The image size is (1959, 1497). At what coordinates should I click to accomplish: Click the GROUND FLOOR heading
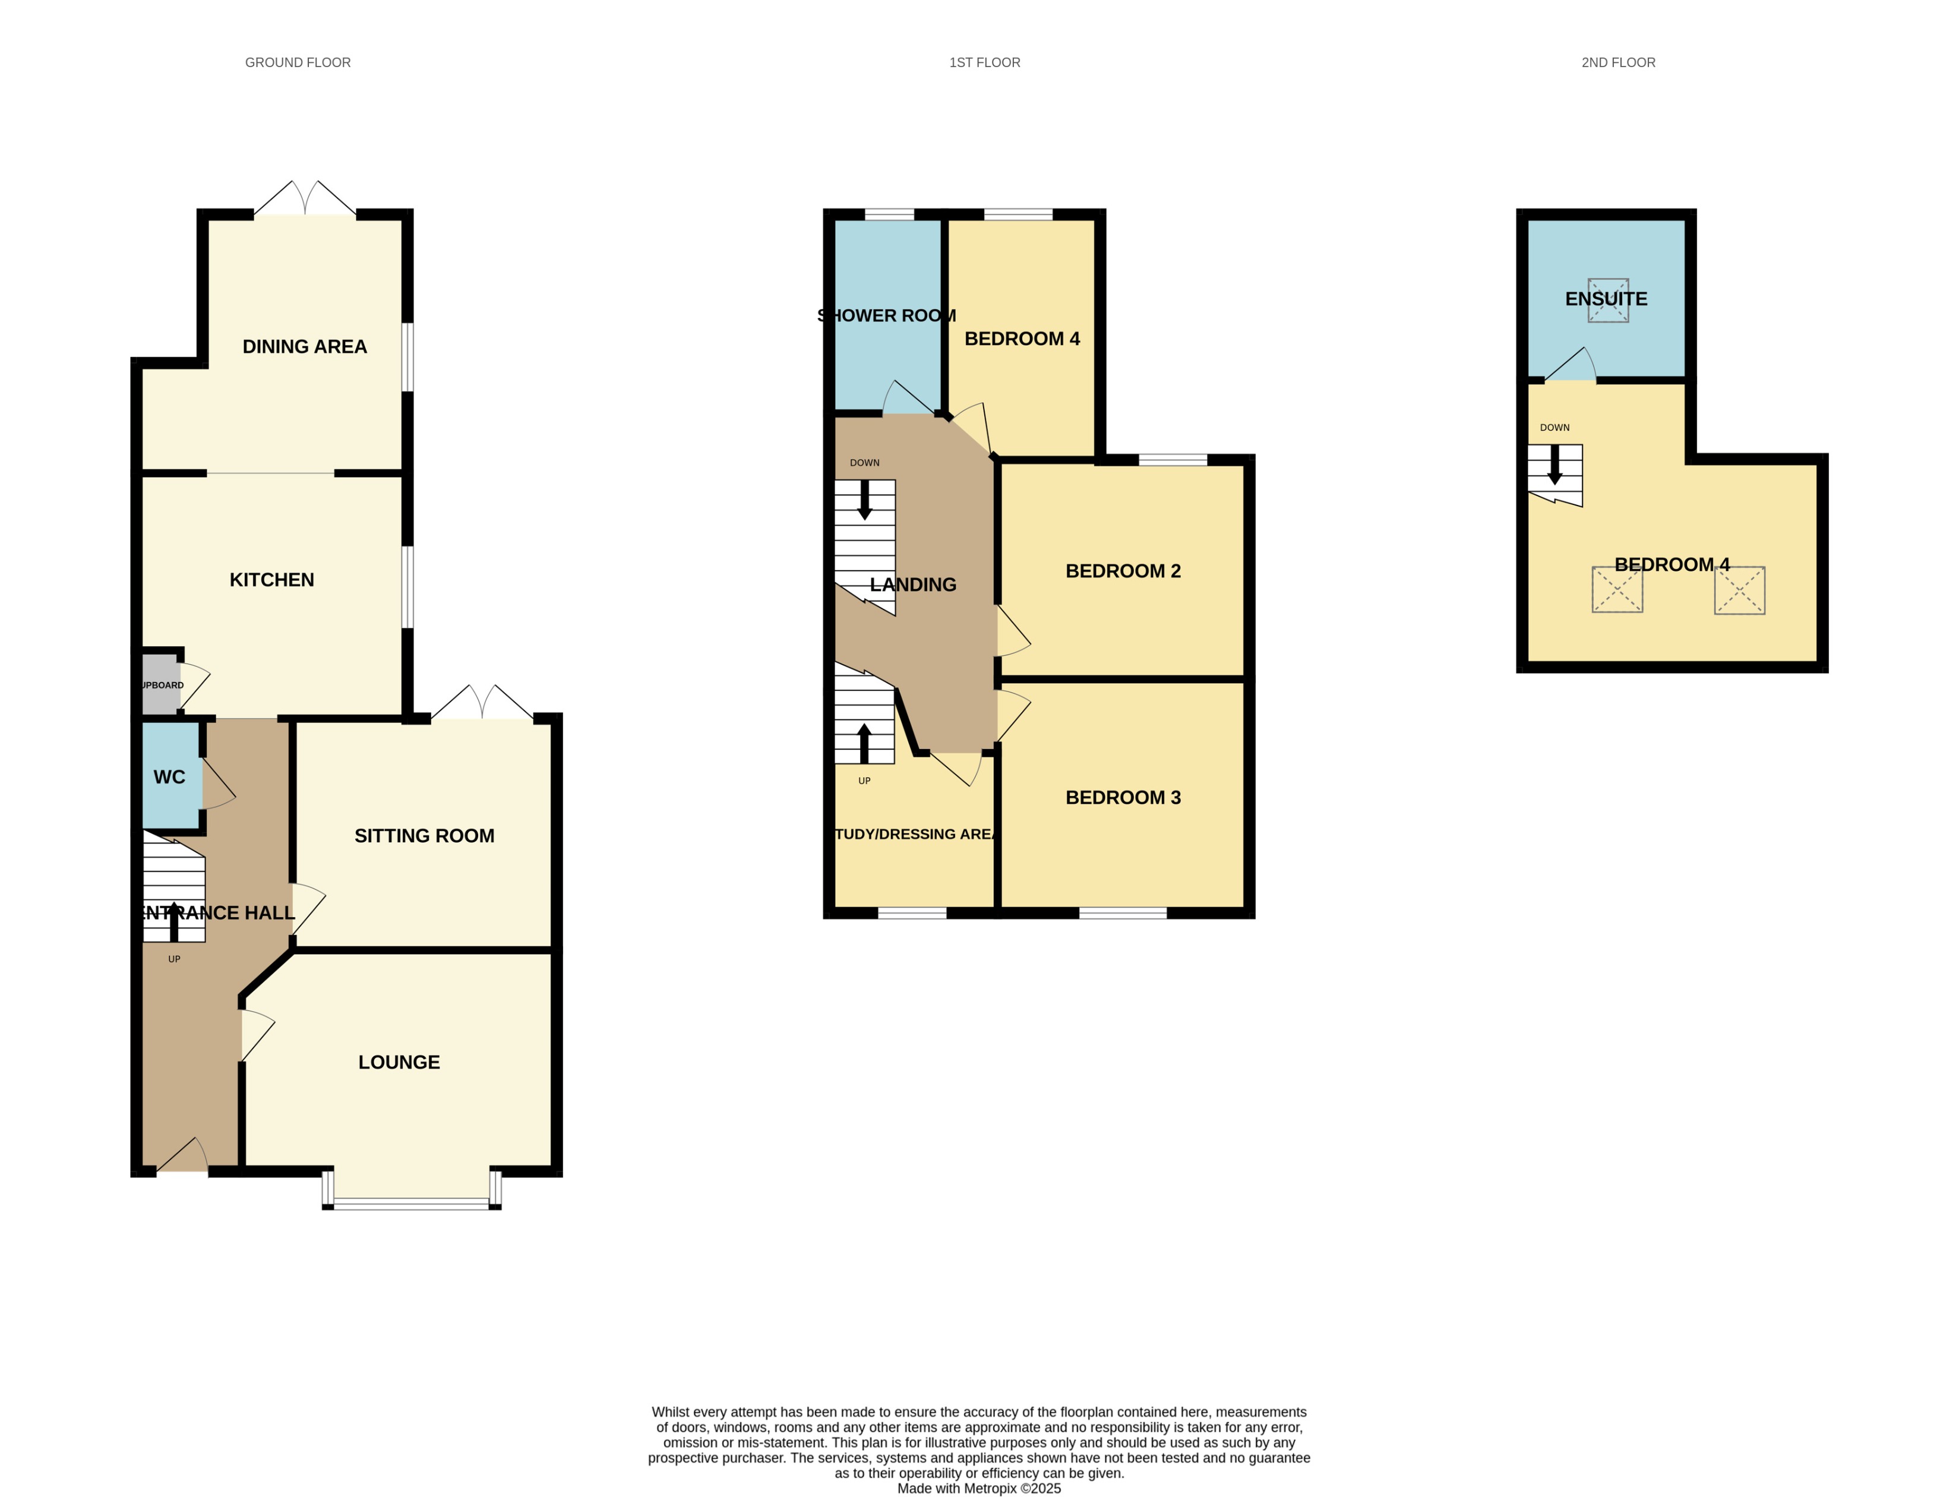click(298, 62)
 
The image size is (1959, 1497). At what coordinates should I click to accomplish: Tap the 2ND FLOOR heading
click(1618, 62)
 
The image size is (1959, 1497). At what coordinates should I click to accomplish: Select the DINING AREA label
click(305, 347)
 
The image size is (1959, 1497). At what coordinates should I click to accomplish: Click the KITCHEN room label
click(271, 580)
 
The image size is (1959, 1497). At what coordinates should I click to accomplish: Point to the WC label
click(169, 777)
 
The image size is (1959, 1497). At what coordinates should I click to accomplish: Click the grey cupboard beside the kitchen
click(159, 684)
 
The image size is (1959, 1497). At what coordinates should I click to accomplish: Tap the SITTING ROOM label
click(424, 836)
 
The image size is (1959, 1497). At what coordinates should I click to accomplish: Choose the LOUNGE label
click(399, 1062)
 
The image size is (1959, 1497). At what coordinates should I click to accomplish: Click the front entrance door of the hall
click(182, 1157)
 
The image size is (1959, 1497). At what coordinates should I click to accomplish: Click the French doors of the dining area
click(305, 198)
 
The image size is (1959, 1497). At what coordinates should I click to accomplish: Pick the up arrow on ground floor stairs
click(173, 921)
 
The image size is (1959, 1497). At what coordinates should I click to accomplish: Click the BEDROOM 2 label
click(1123, 571)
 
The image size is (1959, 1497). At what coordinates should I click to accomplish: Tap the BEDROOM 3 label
click(1123, 797)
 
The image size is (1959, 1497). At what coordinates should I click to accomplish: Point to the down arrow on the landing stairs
click(864, 500)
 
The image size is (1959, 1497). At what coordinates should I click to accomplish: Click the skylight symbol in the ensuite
click(1608, 301)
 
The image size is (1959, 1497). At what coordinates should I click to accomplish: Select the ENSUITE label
click(1606, 298)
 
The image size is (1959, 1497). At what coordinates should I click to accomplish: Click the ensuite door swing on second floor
click(1572, 365)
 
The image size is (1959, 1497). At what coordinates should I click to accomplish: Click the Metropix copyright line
click(978, 1488)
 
